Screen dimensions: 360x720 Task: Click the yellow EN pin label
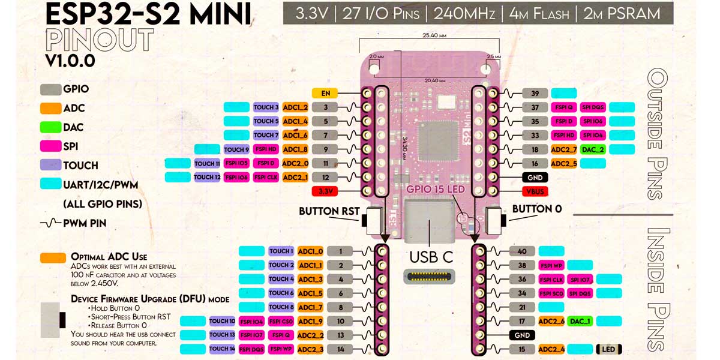pos(325,94)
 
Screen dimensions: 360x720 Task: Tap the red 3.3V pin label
pos(325,191)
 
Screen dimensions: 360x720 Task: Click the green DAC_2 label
pos(593,149)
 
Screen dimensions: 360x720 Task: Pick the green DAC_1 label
pos(580,322)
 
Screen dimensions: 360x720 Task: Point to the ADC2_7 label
pos(563,149)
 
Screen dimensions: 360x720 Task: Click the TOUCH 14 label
pos(222,349)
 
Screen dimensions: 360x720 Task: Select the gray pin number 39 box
pos(535,94)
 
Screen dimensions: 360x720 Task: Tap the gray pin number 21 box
pos(522,307)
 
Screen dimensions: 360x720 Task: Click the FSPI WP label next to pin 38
pos(551,265)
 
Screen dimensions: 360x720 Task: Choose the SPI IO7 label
pos(581,280)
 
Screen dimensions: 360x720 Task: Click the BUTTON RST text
pos(329,211)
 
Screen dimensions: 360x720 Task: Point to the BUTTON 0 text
pos(537,209)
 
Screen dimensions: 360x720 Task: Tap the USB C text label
pos(431,257)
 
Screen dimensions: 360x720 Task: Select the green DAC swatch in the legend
pos(51,127)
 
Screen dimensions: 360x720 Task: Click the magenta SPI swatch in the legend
pos(51,146)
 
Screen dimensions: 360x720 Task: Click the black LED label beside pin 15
pos(608,349)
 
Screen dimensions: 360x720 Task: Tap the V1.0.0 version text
pos(70,61)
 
